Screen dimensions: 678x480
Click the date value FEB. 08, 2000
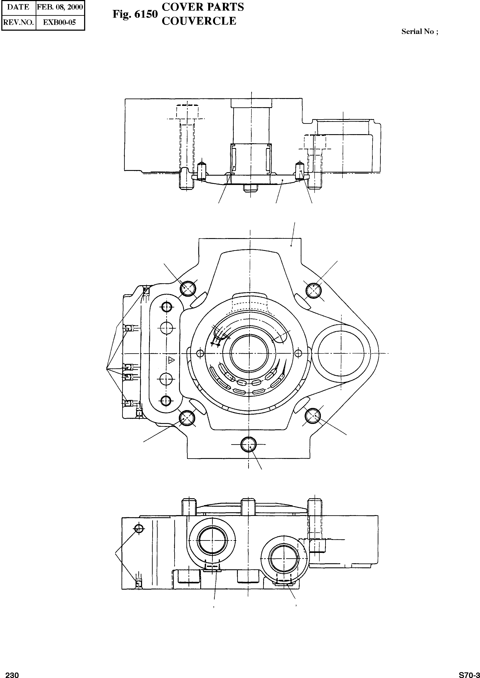60,7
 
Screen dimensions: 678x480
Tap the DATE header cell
18,7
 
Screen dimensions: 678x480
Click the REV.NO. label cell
18,22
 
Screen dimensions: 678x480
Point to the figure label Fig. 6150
135,14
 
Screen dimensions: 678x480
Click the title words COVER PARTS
203,7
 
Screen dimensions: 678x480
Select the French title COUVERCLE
199,21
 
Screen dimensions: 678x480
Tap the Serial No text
419,32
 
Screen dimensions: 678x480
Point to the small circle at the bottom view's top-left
139,528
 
